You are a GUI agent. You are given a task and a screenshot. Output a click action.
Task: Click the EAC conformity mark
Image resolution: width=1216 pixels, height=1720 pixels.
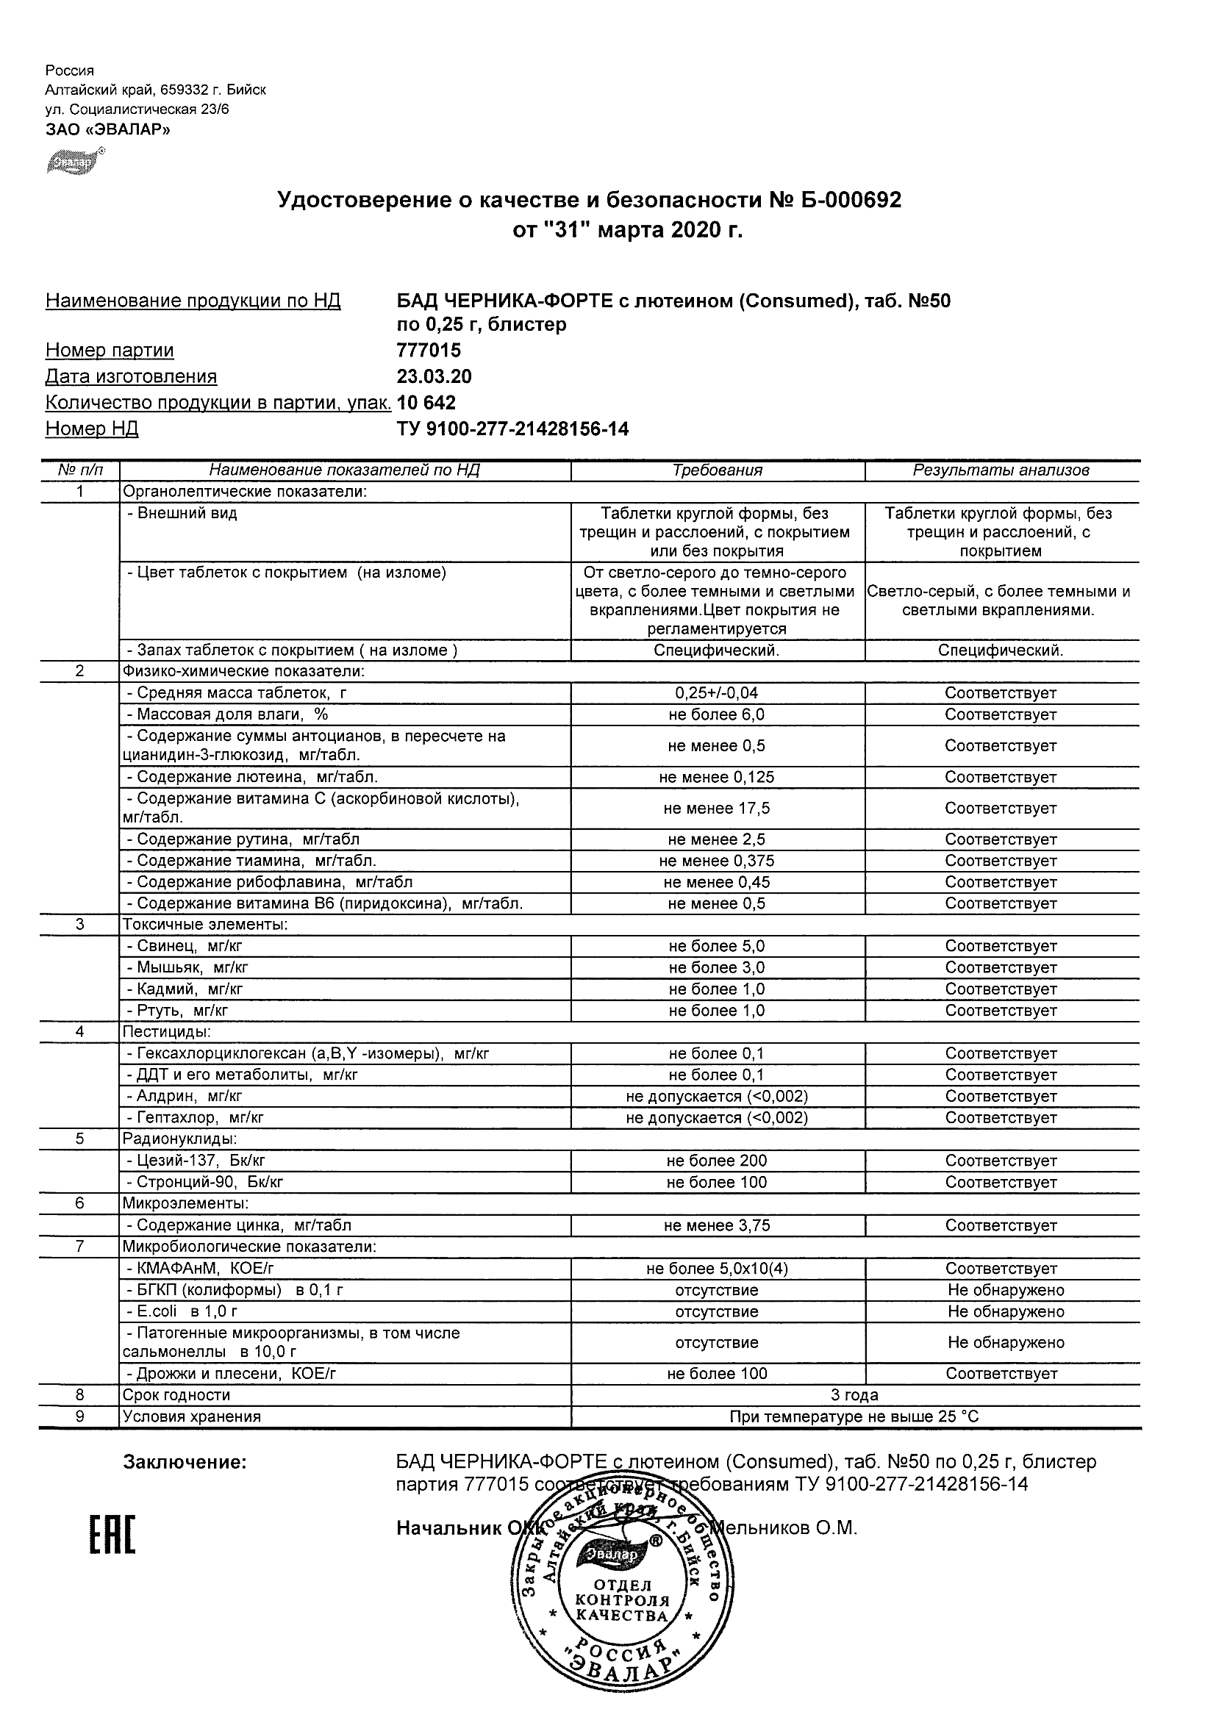[x=112, y=1534]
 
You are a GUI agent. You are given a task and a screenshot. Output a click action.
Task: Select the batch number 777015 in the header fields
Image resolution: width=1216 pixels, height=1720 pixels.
[x=429, y=350]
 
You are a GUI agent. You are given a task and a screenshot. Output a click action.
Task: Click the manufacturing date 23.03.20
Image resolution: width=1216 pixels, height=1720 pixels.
[x=434, y=376]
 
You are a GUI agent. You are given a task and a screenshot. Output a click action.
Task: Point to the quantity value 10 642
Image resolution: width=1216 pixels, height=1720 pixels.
[x=426, y=402]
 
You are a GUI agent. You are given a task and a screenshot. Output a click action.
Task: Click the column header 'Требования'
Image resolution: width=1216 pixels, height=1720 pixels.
[x=717, y=470]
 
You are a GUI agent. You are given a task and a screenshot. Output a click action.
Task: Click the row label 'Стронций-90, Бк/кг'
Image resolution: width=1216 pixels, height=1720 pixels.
[x=204, y=1182]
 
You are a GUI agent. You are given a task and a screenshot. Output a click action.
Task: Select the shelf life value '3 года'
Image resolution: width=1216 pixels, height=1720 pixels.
[x=854, y=1395]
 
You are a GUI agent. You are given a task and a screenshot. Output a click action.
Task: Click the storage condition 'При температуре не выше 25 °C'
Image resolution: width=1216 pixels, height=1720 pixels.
[x=854, y=1416]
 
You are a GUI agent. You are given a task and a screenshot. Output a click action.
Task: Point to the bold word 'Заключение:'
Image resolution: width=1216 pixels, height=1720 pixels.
[x=185, y=1462]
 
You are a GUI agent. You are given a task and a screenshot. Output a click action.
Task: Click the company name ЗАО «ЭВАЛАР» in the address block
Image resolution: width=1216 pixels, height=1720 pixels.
[x=108, y=129]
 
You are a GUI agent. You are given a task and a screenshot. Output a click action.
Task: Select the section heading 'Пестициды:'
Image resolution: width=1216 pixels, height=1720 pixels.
[x=166, y=1031]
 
